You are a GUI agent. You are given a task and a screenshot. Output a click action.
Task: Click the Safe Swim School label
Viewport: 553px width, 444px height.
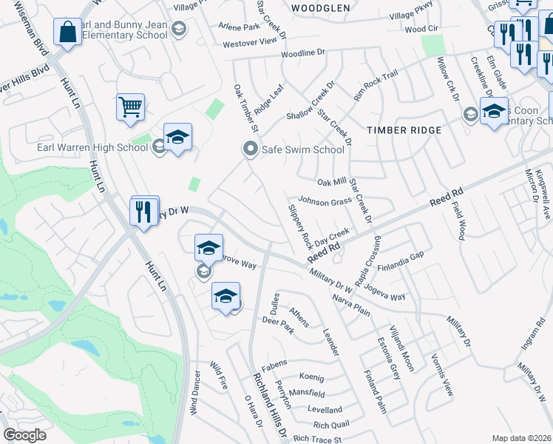click(302, 149)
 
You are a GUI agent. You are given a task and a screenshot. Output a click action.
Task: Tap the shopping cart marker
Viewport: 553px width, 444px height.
click(130, 107)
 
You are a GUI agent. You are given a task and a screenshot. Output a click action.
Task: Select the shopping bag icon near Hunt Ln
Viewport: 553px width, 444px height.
click(68, 33)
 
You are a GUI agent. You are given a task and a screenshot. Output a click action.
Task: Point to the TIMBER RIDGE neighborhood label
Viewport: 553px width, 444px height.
click(404, 130)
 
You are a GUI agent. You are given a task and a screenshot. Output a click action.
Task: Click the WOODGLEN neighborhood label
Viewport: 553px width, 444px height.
click(320, 8)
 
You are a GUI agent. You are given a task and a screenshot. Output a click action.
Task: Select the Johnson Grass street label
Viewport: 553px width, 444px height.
click(325, 201)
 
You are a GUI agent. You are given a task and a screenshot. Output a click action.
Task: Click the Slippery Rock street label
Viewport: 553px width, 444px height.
click(299, 226)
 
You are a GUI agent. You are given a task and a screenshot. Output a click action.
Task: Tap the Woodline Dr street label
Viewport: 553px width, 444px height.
click(302, 53)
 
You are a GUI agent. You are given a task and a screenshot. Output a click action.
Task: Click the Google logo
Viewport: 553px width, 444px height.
click(24, 435)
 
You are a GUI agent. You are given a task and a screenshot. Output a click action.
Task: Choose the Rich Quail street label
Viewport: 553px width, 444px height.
click(330, 425)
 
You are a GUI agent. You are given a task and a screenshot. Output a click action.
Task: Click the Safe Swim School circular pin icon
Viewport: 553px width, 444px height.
click(250, 149)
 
